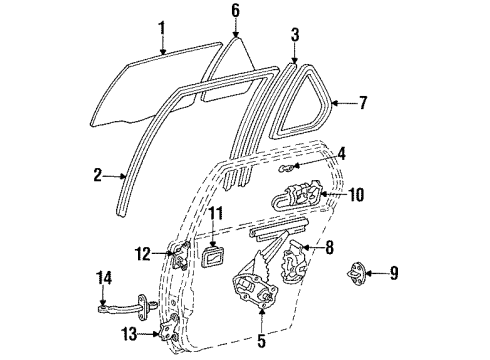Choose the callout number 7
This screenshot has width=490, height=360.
363,102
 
